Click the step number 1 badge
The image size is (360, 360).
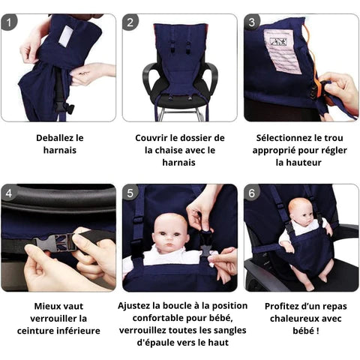point(9,22)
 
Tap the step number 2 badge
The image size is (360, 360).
point(130,22)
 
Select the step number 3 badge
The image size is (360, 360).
point(252,22)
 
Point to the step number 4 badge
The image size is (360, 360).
point(9,193)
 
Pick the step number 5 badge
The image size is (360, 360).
point(130,193)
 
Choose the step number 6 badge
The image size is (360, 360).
point(252,193)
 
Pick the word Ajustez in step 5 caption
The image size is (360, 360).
point(133,306)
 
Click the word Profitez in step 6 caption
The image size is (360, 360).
point(281,306)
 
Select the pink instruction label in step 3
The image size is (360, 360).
point(283,52)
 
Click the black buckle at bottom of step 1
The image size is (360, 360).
point(64,108)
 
